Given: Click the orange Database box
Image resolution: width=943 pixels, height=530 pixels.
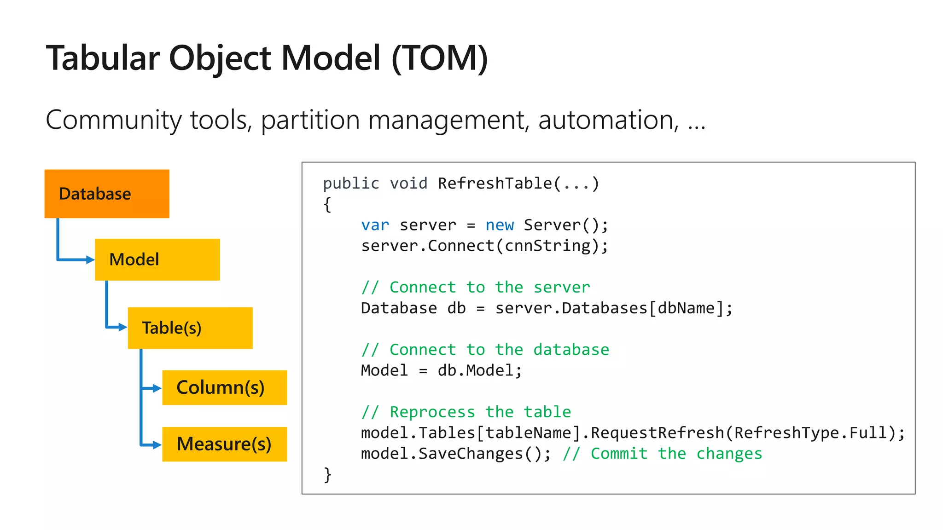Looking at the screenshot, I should click(x=107, y=194).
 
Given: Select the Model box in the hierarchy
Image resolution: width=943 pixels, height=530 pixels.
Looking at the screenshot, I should click(x=157, y=259).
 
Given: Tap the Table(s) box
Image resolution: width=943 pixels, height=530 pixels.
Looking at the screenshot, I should click(x=190, y=328).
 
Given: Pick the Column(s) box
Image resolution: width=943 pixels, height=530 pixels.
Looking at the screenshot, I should click(x=224, y=387).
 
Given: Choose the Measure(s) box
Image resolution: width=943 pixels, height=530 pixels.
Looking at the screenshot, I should click(x=224, y=444).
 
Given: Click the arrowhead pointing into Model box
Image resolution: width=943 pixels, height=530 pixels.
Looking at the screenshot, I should click(x=90, y=260).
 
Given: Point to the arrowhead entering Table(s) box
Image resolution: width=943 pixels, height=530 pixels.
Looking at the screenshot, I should click(x=123, y=327).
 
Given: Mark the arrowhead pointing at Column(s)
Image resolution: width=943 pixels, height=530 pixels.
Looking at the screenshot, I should click(x=157, y=388).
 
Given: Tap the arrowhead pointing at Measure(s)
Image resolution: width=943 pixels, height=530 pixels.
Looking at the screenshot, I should click(x=157, y=445).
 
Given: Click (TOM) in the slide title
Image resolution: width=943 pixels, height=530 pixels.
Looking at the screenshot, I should click(x=439, y=58).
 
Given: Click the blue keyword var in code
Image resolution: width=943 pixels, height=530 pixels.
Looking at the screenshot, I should click(x=375, y=225).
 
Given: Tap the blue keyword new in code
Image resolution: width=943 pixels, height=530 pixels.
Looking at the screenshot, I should click(x=500, y=225).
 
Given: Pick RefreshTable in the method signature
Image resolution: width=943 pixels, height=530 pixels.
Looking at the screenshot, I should click(x=495, y=184).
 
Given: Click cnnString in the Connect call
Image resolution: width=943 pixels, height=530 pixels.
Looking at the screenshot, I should click(x=547, y=246).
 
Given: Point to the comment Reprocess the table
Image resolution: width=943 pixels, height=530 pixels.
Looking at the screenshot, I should click(x=466, y=412).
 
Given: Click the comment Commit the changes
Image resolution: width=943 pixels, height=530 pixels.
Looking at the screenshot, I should click(x=662, y=454).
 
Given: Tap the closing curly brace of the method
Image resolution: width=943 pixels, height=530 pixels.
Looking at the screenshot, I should click(x=327, y=474).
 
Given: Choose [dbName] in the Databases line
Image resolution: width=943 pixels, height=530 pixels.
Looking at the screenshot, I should click(x=686, y=308).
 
